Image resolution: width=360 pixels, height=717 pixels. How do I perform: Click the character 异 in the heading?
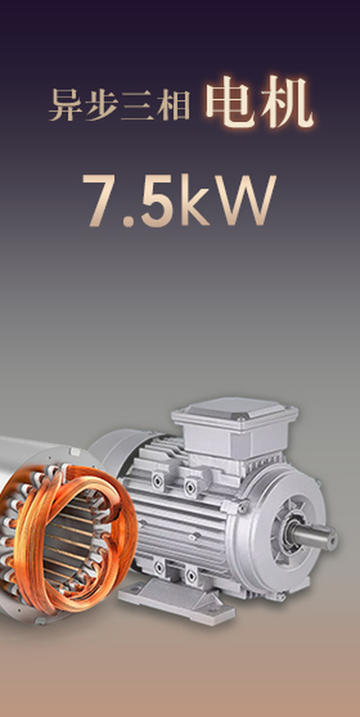pos(63,106)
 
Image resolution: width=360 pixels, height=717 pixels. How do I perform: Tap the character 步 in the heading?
pos(99,106)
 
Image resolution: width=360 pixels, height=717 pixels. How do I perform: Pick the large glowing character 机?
pos(287,102)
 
